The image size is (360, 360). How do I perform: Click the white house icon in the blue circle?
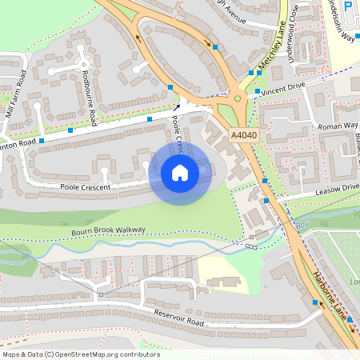tap(180, 172)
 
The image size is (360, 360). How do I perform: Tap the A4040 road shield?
tap(244, 136)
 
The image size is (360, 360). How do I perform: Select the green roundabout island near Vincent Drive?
tap(238, 100)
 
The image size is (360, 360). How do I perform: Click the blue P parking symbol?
tap(348, 6)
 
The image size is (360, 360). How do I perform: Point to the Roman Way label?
tap(338, 126)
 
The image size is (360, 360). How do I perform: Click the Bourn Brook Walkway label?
tap(110, 230)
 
